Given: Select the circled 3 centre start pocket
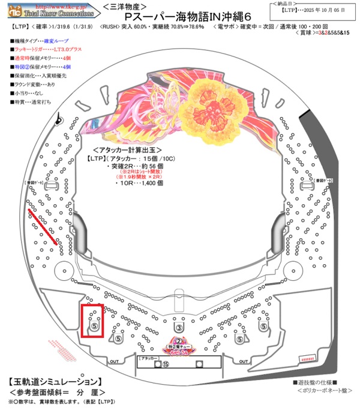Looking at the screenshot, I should (x=179, y=327).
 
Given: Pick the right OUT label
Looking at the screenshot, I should (x=241, y=361).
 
